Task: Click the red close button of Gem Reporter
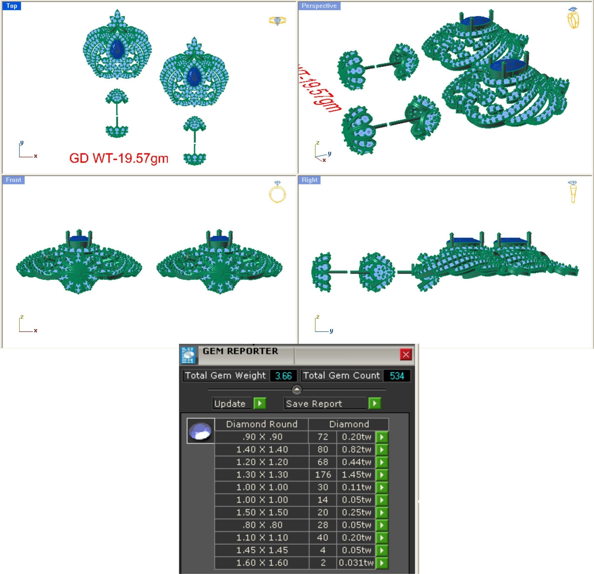[406, 354]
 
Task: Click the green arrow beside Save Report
[375, 403]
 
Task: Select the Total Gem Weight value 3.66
[283, 376]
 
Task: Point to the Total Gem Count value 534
[397, 376]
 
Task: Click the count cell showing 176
[323, 475]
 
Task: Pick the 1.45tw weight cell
[356, 475]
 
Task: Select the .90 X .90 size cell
[262, 437]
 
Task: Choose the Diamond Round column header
[262, 424]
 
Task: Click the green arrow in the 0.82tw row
[382, 450]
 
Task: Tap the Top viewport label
[12, 6]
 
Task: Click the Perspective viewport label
[319, 6]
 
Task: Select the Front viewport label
[14, 180]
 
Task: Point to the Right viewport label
[309, 180]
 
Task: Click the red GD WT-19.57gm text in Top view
[119, 158]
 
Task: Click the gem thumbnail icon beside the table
[200, 431]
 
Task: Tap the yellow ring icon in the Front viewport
[277, 192]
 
